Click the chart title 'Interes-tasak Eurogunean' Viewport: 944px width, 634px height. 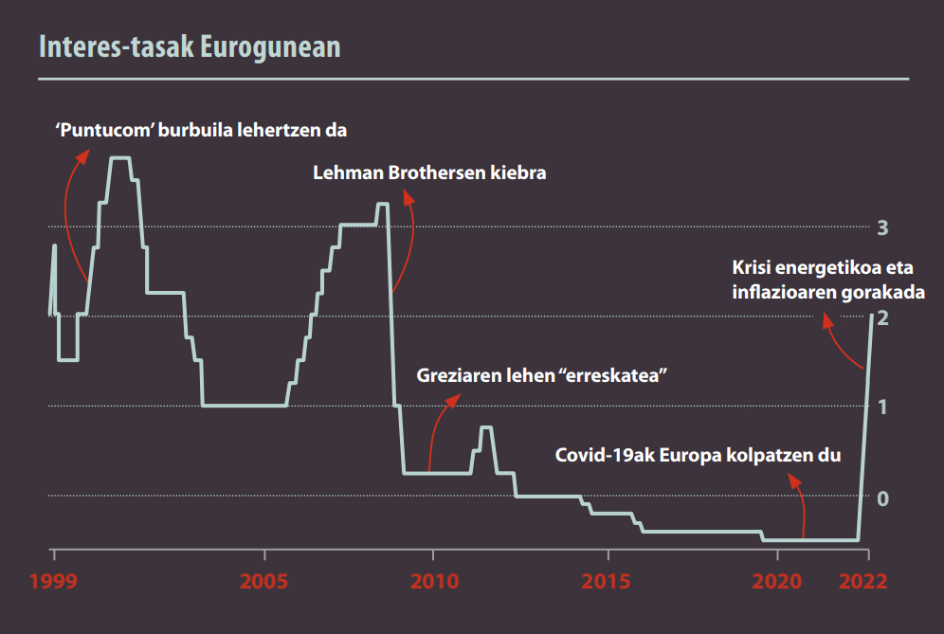coord(189,47)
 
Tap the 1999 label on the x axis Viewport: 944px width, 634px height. coord(52,580)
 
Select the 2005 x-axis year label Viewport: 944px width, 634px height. coord(264,580)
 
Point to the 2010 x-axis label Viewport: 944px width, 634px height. coord(433,580)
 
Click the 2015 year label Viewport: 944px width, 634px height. coord(607,580)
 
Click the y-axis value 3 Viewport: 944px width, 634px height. coord(882,227)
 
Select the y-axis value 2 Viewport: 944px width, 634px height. coord(882,317)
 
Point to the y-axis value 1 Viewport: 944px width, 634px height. coord(882,407)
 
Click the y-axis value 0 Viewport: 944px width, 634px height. coord(882,497)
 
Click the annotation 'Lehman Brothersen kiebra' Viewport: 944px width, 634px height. coord(429,173)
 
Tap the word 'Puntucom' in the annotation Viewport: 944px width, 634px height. coord(105,130)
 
